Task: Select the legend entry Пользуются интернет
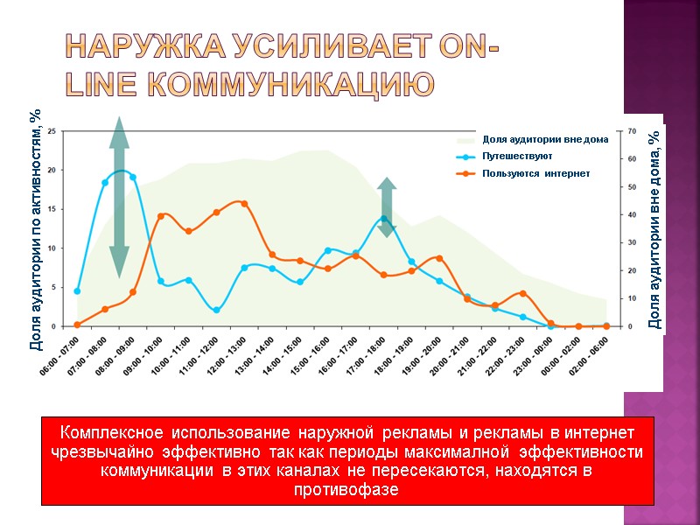point(535,173)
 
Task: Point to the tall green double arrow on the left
point(119,197)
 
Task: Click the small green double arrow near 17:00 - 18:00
point(387,207)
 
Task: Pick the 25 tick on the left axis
point(52,131)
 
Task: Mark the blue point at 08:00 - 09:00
point(133,177)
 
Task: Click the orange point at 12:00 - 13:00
point(244,204)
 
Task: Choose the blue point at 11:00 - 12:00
point(216,310)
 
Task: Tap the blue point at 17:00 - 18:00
point(383,219)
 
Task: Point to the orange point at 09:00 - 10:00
point(161,216)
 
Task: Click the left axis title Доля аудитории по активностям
point(35,229)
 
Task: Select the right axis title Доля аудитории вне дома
point(654,229)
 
